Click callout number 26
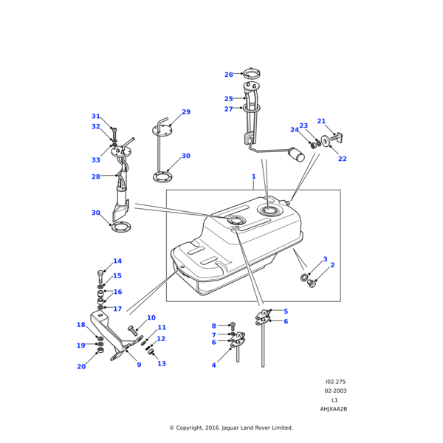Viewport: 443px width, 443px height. [x=228, y=75]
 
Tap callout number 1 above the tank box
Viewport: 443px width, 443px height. [x=253, y=176]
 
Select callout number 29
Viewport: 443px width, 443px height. [x=186, y=112]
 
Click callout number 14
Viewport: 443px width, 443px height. [x=117, y=261]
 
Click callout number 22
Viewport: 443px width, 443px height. [x=342, y=159]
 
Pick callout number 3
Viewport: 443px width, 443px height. [x=325, y=259]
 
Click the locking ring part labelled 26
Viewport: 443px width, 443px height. [x=251, y=73]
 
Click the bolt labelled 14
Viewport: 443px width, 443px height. [x=100, y=277]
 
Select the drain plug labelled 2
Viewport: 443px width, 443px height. [x=311, y=283]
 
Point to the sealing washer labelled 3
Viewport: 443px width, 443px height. [x=304, y=277]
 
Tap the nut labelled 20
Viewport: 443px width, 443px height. [x=100, y=350]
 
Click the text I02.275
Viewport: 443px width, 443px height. [x=334, y=382]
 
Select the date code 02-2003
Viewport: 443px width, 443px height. [x=334, y=391]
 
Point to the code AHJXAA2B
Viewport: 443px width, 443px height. [x=333, y=409]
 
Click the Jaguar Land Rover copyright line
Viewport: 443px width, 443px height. [x=231, y=427]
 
